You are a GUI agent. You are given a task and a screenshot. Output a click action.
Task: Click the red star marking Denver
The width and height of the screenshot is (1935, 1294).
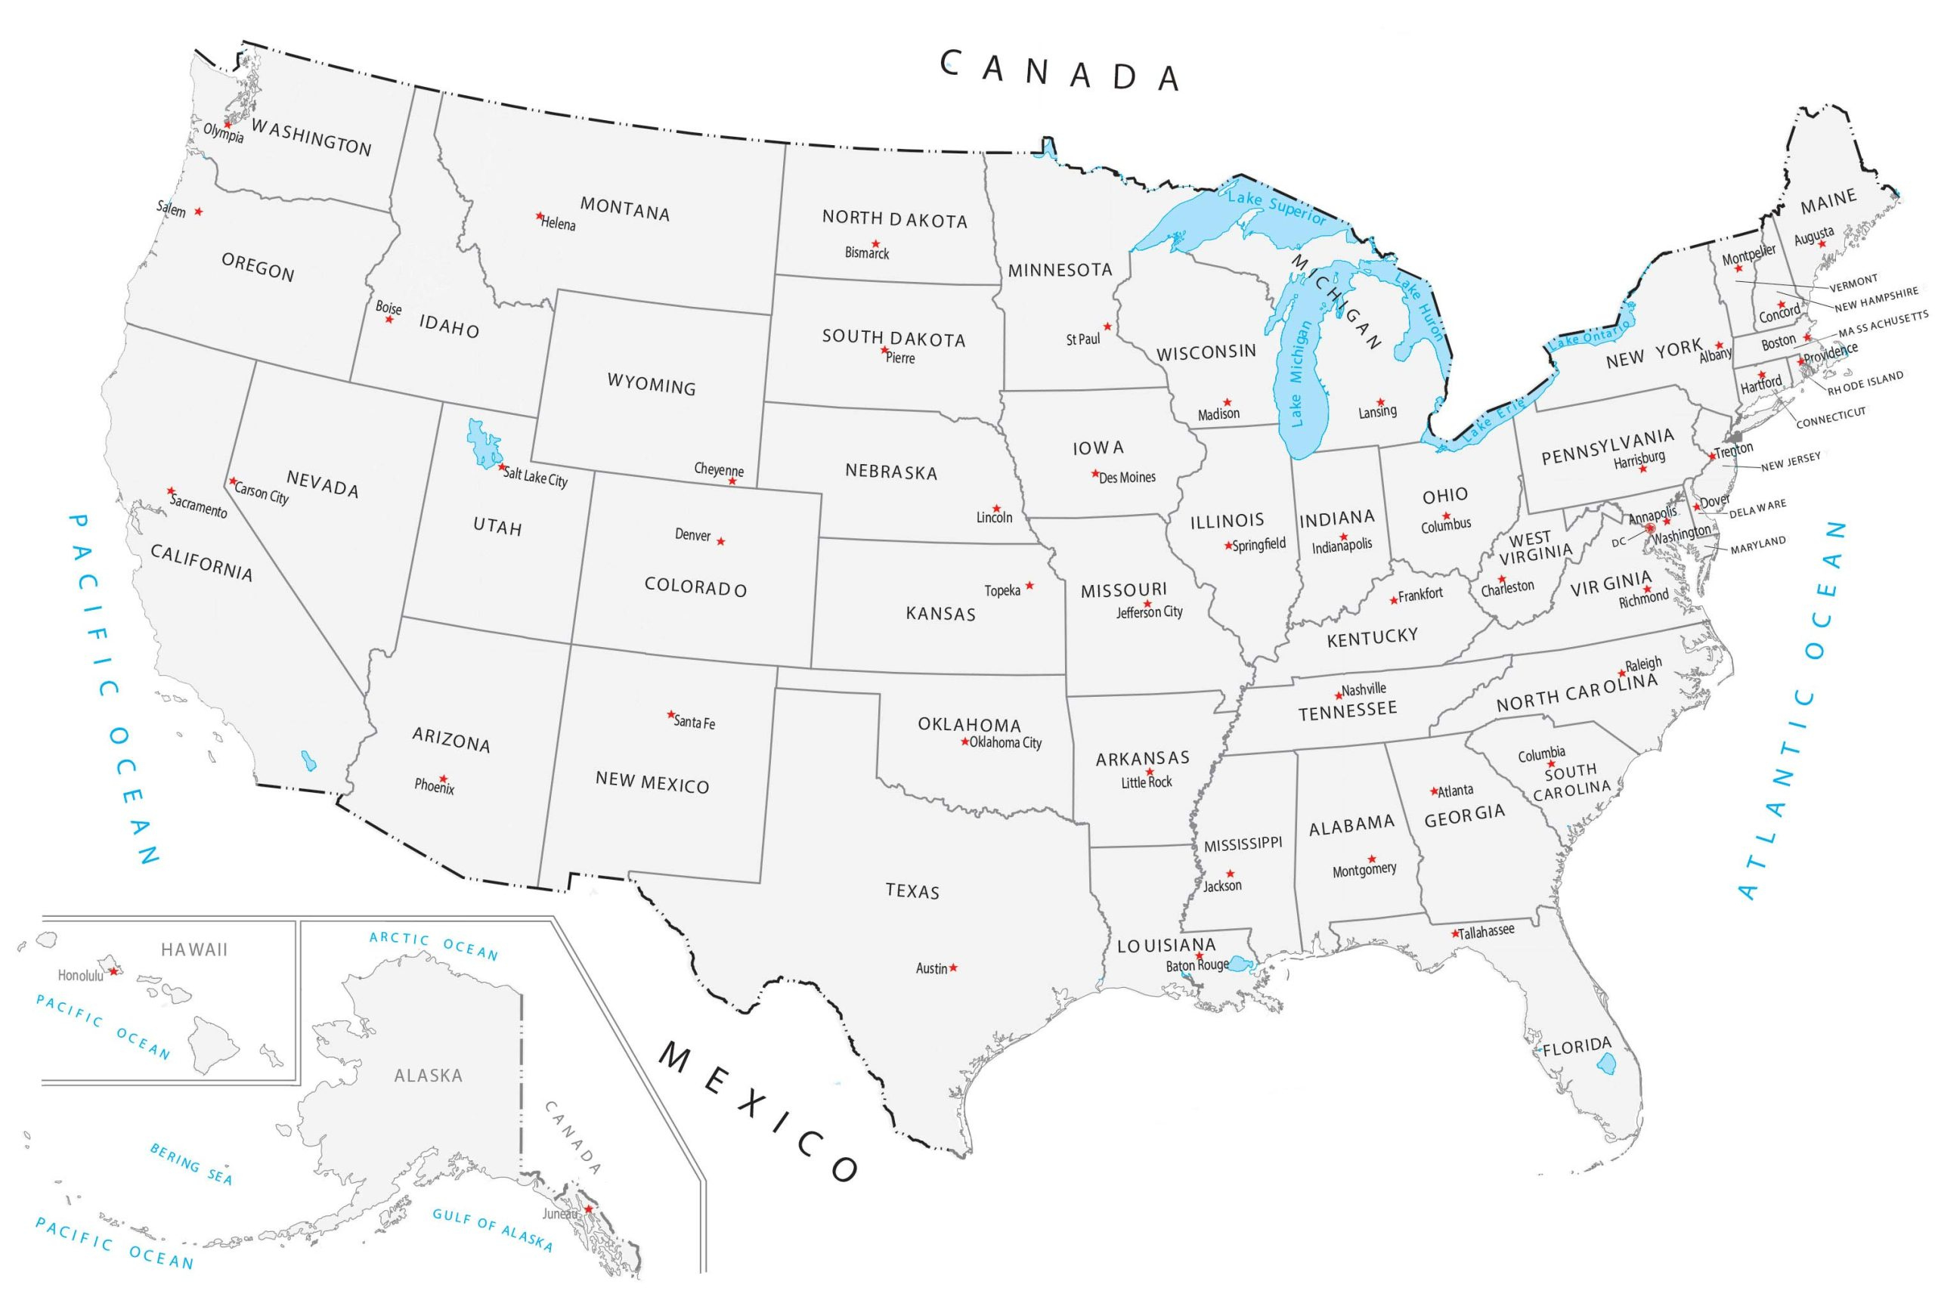coord(720,541)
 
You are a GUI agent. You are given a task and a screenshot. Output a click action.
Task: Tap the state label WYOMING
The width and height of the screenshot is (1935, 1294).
coord(651,384)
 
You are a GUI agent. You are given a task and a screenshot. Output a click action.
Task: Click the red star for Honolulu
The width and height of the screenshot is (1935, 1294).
coord(114,971)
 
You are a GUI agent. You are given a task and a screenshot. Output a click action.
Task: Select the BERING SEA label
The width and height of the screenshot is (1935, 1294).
coord(190,1163)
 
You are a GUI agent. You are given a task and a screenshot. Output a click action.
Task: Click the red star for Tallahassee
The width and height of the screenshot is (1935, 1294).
coord(1456,934)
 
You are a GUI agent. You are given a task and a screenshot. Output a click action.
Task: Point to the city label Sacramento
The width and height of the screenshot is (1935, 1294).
coord(198,504)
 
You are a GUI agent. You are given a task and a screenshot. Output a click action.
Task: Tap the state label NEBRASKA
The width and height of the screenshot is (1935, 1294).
coord(891,472)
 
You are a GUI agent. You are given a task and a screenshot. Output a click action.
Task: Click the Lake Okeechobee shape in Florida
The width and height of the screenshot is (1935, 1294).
coord(1604,1064)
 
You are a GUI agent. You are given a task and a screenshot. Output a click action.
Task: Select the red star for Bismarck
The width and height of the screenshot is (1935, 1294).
coord(875,243)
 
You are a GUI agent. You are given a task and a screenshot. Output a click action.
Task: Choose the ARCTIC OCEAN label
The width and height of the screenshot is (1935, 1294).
coord(433,946)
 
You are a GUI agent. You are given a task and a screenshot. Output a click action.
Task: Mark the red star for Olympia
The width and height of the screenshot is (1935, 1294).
coord(227,125)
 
